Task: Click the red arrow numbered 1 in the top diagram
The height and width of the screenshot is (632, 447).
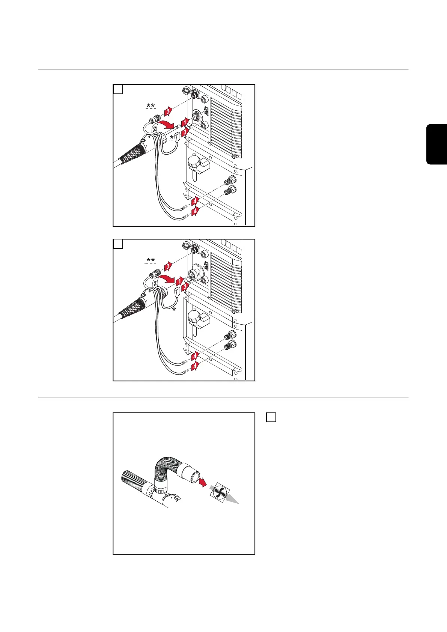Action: (x=185, y=122)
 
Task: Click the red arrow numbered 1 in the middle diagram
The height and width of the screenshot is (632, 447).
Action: (x=179, y=281)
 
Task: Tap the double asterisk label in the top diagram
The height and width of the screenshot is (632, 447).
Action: (x=151, y=106)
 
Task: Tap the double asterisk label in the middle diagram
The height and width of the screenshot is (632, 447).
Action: (x=151, y=260)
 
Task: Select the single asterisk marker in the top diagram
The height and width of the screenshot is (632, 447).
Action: (x=172, y=137)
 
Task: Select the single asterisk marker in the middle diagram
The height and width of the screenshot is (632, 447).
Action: (x=174, y=310)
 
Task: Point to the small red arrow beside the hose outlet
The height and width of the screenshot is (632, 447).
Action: (x=203, y=482)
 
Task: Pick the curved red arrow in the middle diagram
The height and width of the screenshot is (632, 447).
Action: (x=167, y=279)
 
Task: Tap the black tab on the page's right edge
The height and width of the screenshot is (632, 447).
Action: (x=436, y=144)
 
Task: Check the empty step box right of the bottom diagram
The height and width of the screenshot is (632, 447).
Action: (x=271, y=417)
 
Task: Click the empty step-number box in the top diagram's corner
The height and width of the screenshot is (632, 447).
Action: (x=118, y=89)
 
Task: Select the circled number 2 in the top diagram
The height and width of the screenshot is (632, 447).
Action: (x=154, y=129)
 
